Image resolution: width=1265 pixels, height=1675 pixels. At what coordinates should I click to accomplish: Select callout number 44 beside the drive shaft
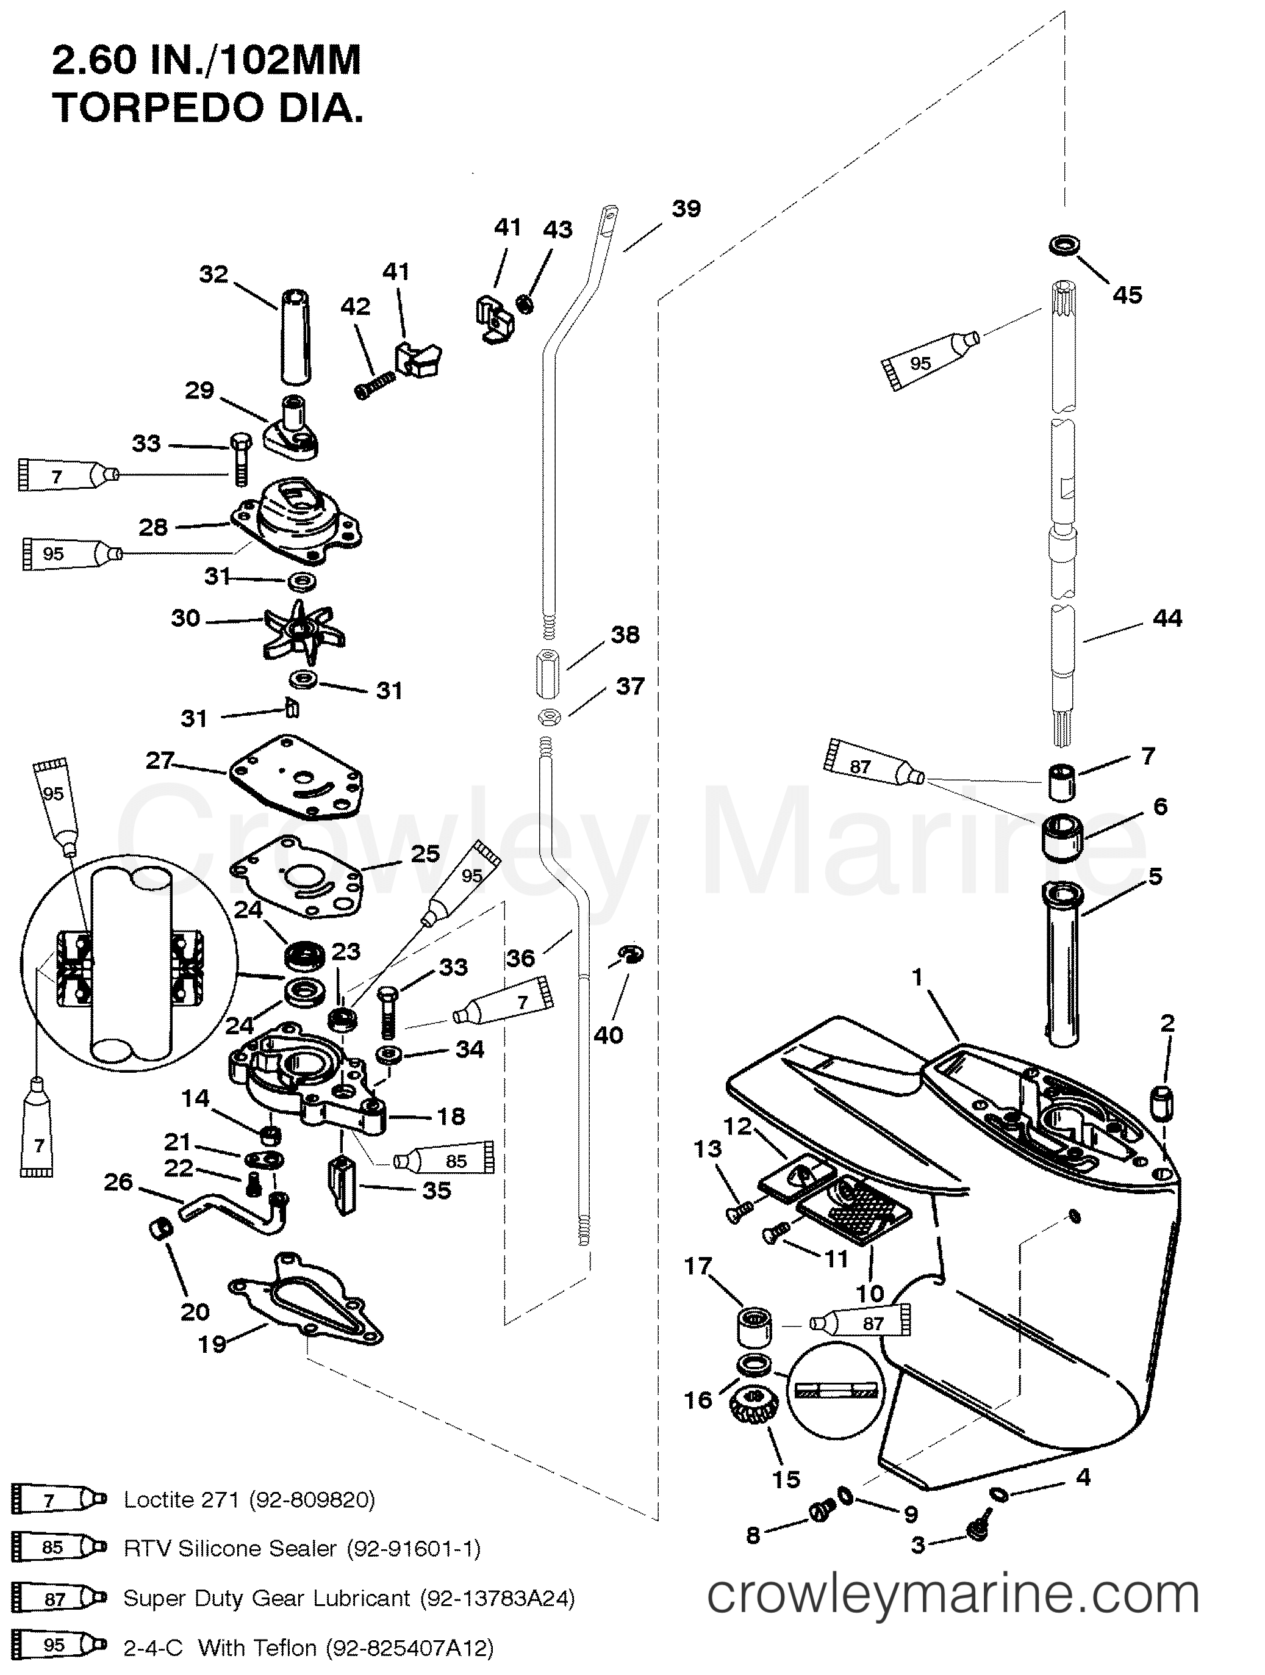click(1167, 619)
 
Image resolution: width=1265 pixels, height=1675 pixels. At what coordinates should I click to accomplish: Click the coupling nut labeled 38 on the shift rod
click(546, 672)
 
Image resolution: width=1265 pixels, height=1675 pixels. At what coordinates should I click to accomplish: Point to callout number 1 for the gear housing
click(917, 977)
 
